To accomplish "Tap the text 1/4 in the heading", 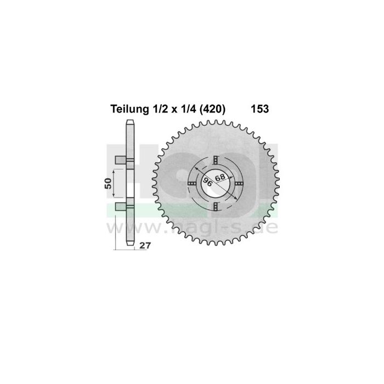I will pyautogui.click(x=184, y=109).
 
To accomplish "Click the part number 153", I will pyautogui.click(x=259, y=109).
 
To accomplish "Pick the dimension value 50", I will pyautogui.click(x=109, y=183).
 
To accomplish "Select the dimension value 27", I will pyautogui.click(x=145, y=246).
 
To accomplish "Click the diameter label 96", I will pyautogui.click(x=208, y=182).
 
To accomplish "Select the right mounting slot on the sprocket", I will pyautogui.click(x=240, y=183).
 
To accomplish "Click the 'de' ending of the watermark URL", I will pyautogui.click(x=268, y=226).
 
